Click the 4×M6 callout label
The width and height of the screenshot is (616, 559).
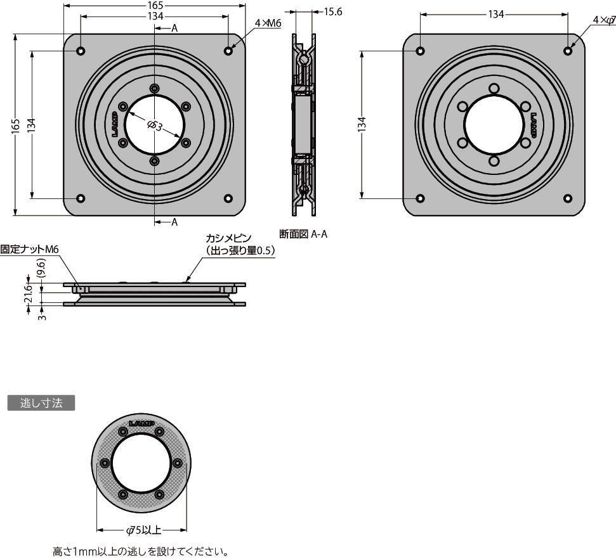[267, 23]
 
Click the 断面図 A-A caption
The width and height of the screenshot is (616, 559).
[303, 235]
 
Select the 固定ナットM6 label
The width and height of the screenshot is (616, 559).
[29, 250]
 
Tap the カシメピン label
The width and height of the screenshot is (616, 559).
[228, 238]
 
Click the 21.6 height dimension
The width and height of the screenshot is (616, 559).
[29, 295]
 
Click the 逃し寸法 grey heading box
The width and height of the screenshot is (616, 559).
[41, 403]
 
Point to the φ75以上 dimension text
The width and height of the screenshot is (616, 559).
[143, 530]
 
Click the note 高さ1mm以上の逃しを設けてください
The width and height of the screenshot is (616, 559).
[140, 552]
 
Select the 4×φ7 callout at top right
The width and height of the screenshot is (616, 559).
[603, 20]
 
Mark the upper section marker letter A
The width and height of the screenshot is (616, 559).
[174, 29]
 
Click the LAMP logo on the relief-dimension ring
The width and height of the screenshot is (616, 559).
[142, 423]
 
